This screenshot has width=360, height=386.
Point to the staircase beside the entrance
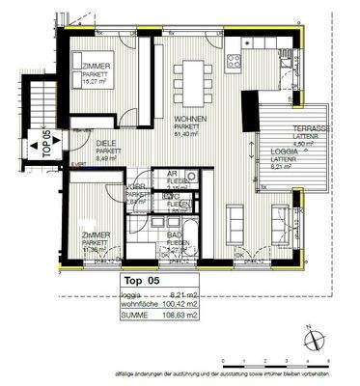(x=39, y=106)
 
